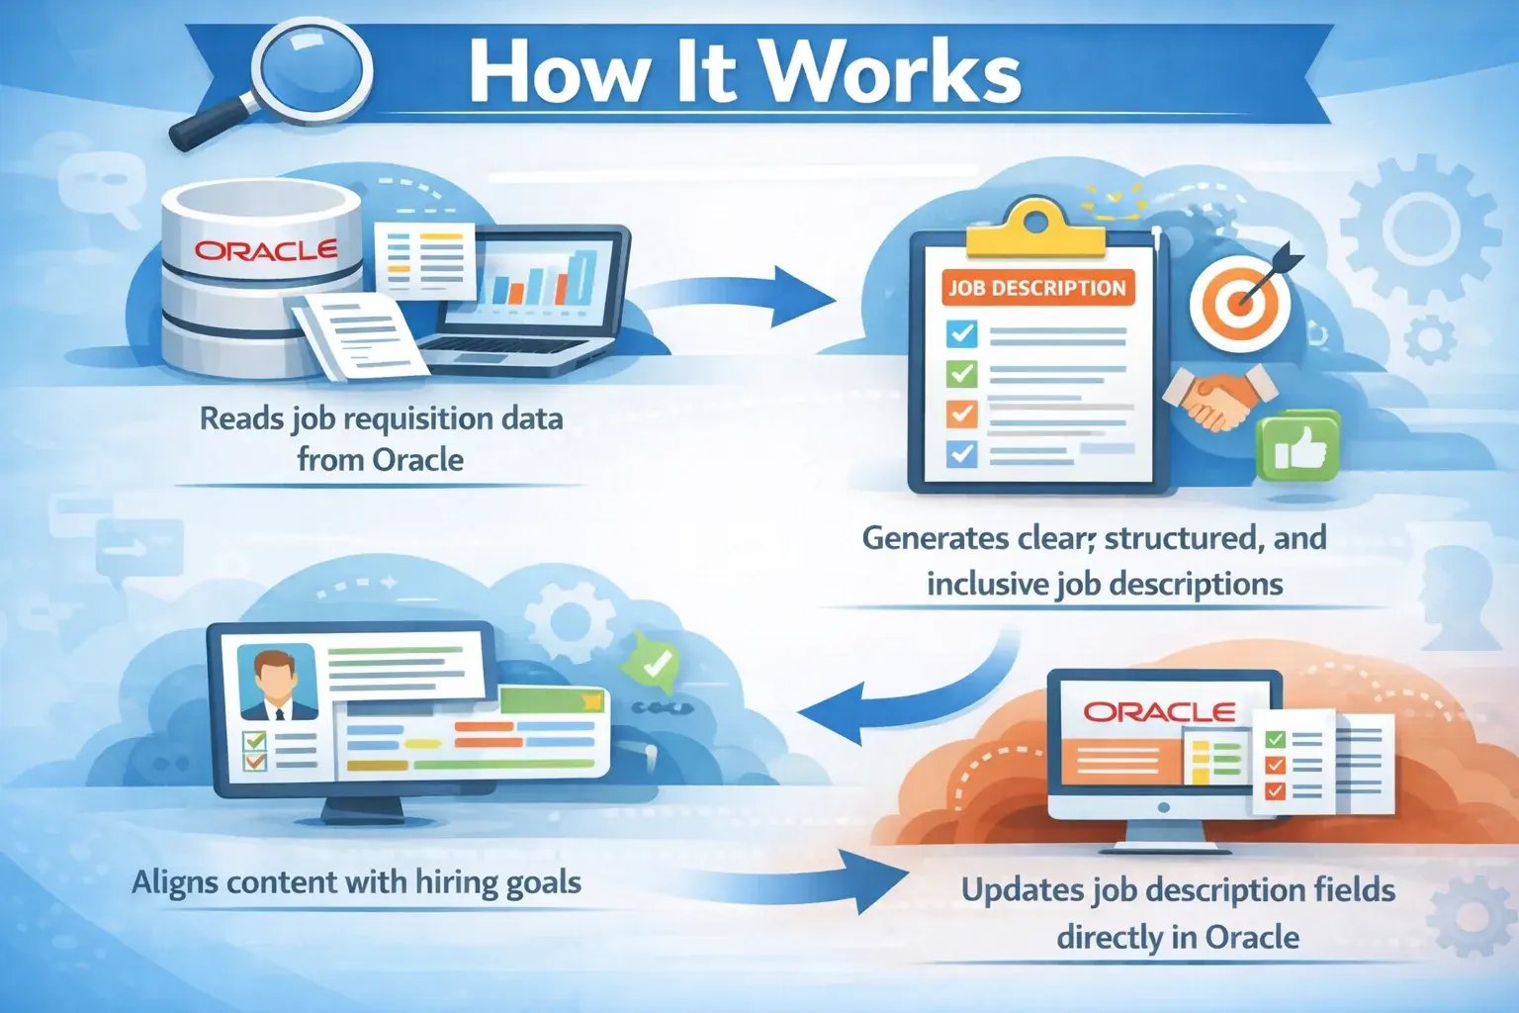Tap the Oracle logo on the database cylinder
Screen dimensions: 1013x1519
tap(265, 249)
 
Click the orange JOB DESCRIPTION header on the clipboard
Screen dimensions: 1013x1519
tap(1036, 288)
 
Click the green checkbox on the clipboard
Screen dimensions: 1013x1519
tap(961, 374)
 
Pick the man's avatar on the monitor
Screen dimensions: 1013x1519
tap(279, 683)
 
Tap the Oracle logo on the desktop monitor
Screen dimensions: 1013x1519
tap(1159, 712)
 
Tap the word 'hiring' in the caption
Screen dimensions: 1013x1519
tap(457, 881)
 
